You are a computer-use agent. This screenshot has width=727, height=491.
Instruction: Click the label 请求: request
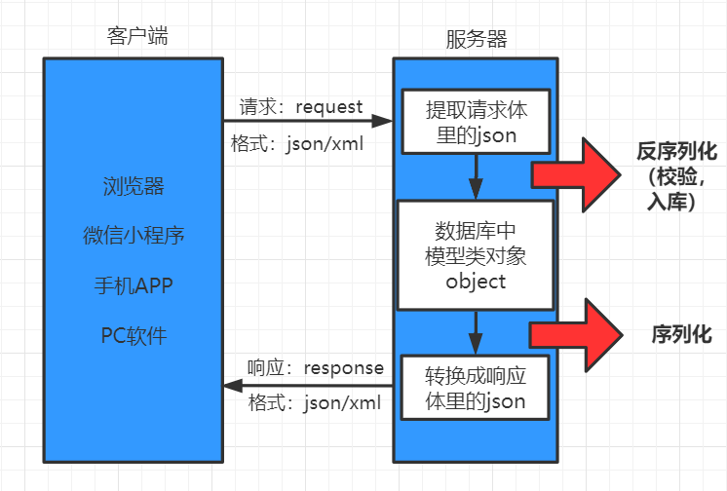click(x=301, y=107)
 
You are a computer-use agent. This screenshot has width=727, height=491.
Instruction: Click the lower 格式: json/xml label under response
click(x=309, y=401)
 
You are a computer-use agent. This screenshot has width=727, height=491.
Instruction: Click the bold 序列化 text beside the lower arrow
click(x=681, y=334)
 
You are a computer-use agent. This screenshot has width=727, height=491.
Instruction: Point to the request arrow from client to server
click(x=308, y=122)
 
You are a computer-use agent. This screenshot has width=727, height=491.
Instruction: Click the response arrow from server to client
click(x=308, y=386)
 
